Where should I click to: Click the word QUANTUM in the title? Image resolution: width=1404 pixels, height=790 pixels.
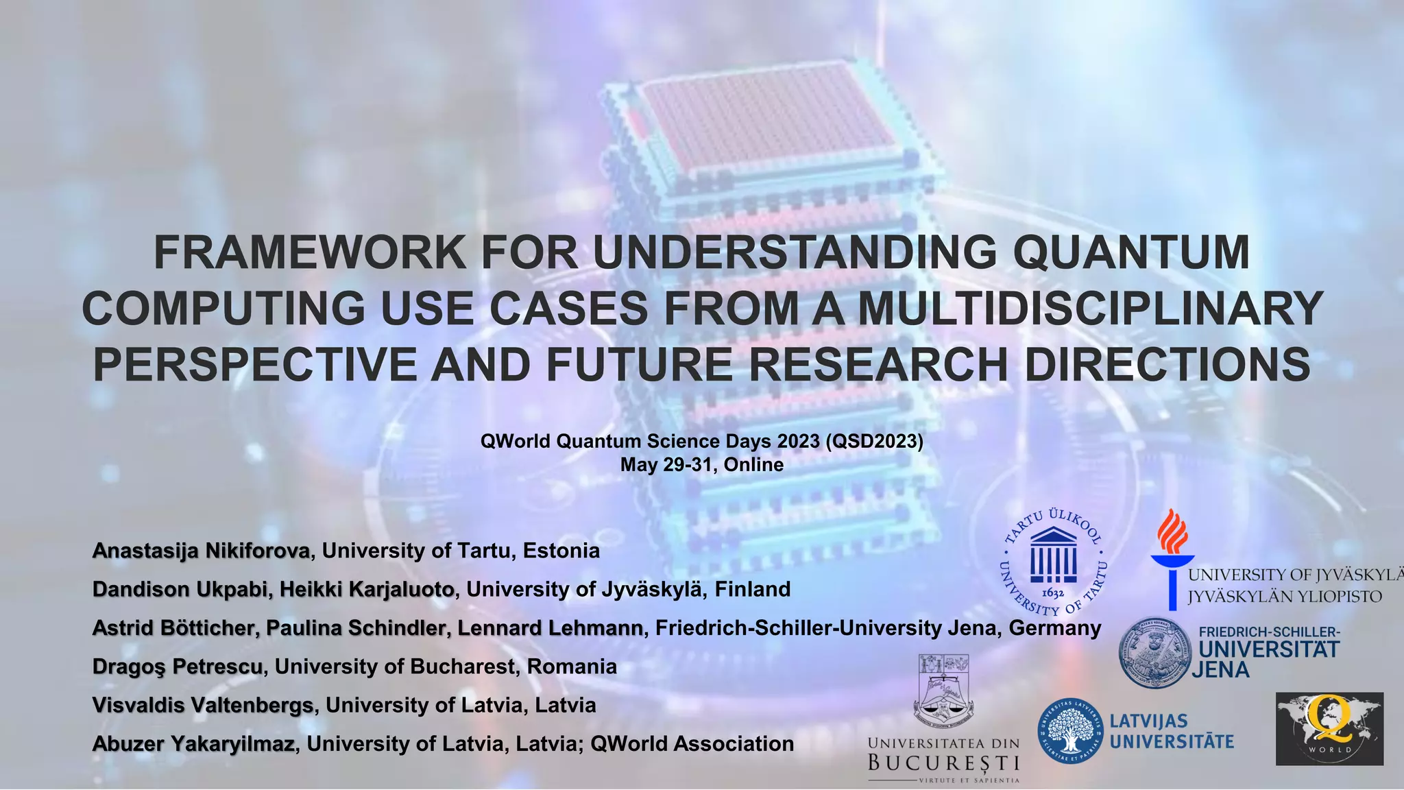[x=1131, y=252]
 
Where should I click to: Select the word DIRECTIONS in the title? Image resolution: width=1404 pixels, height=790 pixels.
[x=1167, y=364]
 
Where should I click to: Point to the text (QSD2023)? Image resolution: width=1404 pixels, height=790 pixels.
[x=875, y=441]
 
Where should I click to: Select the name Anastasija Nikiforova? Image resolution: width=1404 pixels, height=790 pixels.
[x=201, y=551]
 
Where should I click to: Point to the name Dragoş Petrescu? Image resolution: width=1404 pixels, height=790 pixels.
[x=178, y=667]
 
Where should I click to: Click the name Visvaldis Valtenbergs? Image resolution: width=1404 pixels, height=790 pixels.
[x=203, y=705]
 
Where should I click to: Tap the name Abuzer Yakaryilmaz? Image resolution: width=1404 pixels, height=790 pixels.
[x=193, y=744]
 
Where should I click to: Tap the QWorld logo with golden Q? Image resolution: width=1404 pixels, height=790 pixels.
[x=1329, y=728]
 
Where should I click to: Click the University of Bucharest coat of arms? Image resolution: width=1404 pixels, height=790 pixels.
[x=943, y=691]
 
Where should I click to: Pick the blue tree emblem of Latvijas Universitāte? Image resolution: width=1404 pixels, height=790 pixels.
[x=1070, y=731]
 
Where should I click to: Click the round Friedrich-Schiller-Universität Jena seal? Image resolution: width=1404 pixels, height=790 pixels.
[x=1156, y=652]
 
